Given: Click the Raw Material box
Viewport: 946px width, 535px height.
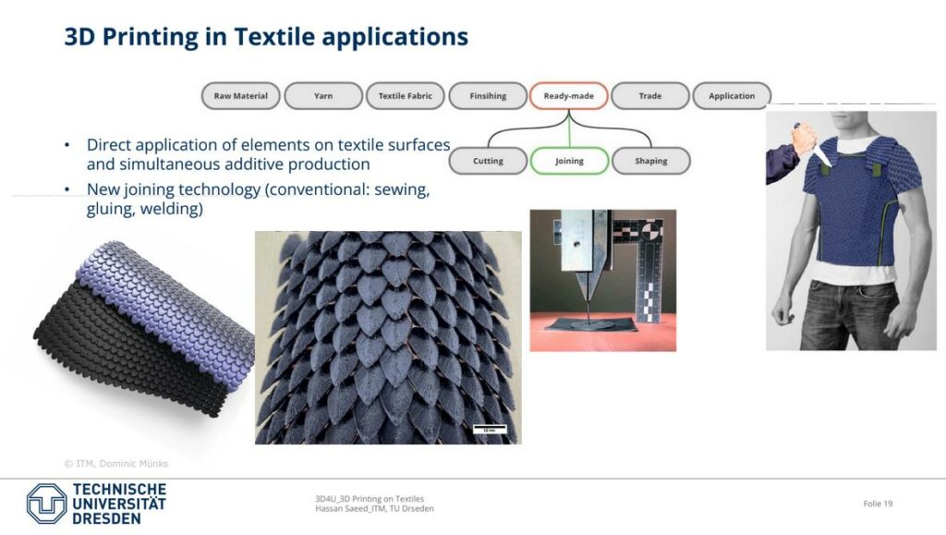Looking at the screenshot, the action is (241, 96).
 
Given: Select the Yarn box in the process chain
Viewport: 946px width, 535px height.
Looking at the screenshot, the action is (323, 96).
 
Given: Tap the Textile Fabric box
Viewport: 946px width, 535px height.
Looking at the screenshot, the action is (406, 96).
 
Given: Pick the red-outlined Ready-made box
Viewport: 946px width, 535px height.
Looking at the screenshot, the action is (568, 96).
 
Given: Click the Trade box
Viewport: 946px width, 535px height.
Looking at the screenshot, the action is (650, 96).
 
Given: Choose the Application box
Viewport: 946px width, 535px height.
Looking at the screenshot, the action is (732, 96).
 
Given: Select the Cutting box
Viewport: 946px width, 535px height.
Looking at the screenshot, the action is (488, 161).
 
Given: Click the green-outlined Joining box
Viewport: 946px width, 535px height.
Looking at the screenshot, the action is (569, 161).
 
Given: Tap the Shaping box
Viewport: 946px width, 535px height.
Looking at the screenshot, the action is (651, 161).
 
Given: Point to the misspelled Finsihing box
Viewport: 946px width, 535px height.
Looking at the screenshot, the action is (488, 96).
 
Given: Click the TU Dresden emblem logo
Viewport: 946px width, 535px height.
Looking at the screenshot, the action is (46, 503).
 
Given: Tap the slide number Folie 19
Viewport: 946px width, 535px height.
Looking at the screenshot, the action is (878, 504).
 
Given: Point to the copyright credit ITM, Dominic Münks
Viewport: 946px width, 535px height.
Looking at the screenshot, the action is (116, 463).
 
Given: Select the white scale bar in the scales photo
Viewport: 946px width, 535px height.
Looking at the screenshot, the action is (490, 430).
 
